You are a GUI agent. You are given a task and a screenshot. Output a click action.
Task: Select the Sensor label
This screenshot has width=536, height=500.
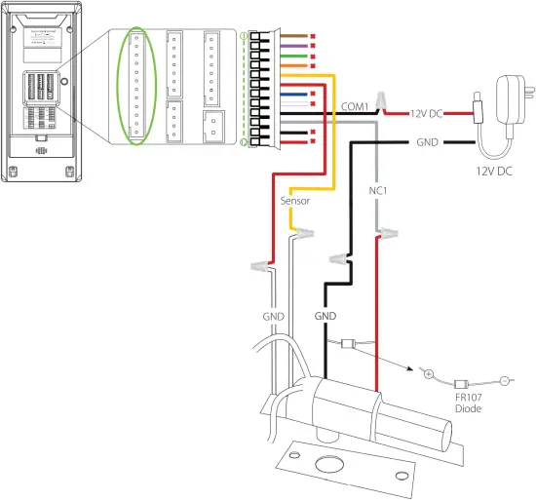pyautogui.click(x=294, y=201)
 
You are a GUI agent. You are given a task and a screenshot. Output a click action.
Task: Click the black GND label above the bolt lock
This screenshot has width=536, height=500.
pyautogui.click(x=325, y=318)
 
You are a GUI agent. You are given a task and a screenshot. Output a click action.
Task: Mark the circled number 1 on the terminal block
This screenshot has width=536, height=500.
pyautogui.click(x=245, y=37)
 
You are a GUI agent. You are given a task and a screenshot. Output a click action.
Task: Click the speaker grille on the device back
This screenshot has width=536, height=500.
pyautogui.click(x=41, y=153)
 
